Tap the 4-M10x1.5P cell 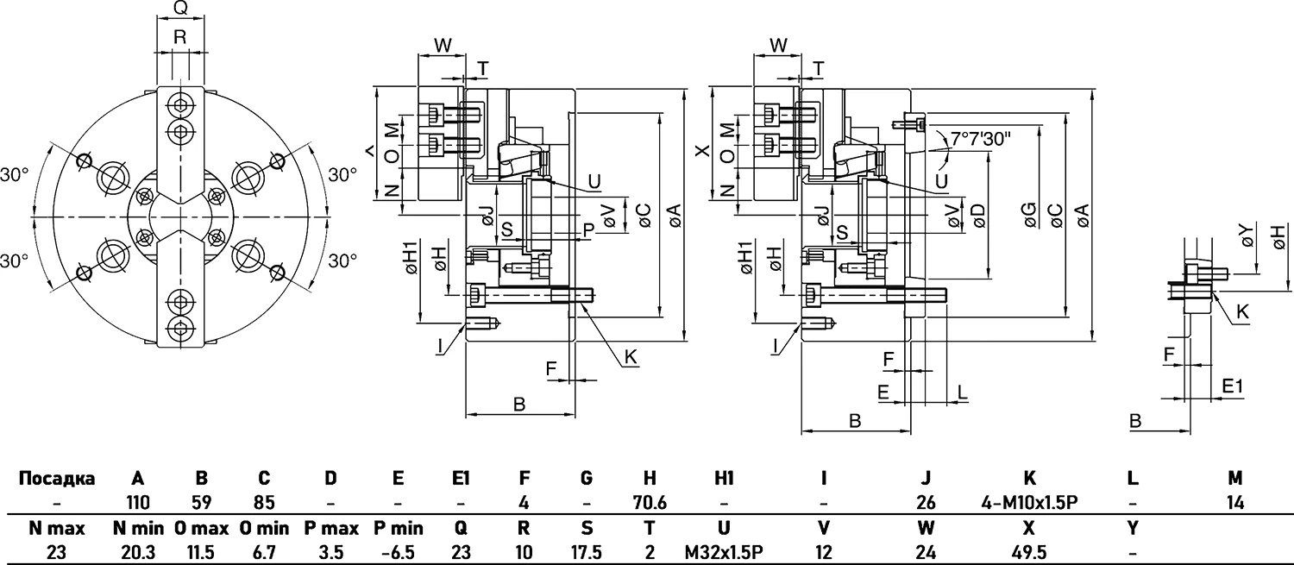(1029, 501)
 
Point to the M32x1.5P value (724, 551)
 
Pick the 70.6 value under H (650, 501)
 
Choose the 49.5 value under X (1029, 551)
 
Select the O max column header (201, 528)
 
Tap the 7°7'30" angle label (981, 138)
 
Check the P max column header (328, 528)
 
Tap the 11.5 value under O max (201, 551)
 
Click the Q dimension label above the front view (180, 9)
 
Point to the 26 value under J (926, 501)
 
